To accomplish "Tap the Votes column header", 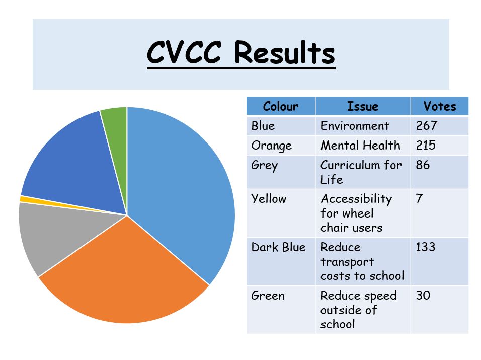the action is click(440, 106).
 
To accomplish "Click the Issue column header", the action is click(363, 106).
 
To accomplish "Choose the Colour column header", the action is click(281, 106).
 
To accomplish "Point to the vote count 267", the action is click(426, 125).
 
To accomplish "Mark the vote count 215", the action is click(426, 145).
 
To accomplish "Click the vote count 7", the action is click(419, 198).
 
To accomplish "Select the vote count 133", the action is click(426, 247).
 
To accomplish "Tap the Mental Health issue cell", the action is click(360, 145).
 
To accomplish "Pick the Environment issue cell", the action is click(355, 126).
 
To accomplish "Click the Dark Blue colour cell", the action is click(279, 247).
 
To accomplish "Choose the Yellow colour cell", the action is click(269, 198).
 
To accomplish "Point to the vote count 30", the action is click(423, 295).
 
